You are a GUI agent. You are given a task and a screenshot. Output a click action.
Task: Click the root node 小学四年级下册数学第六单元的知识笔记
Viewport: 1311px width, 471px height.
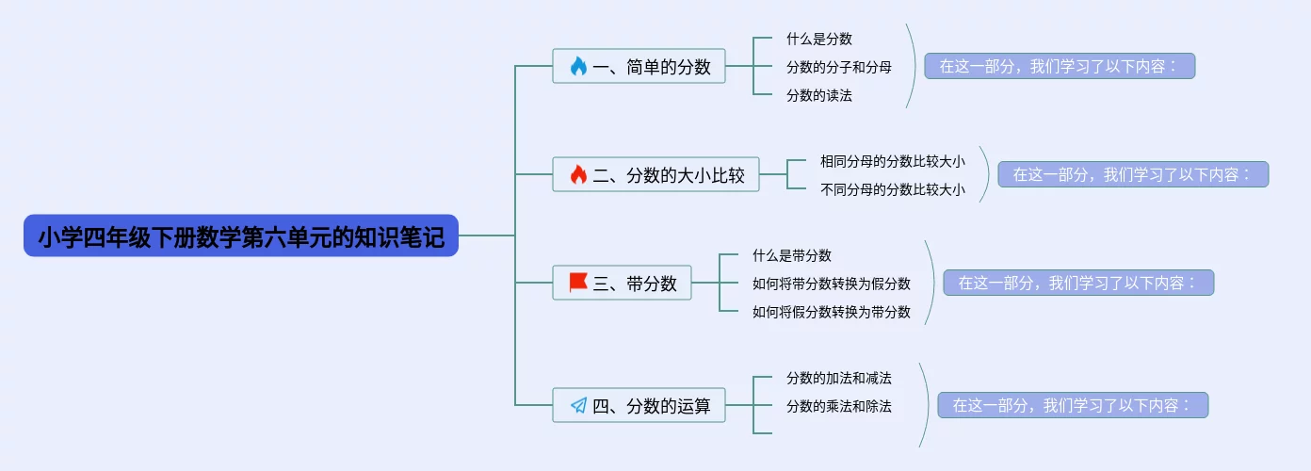[x=240, y=236]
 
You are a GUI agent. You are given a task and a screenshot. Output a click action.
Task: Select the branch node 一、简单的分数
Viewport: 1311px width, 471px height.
[x=639, y=66]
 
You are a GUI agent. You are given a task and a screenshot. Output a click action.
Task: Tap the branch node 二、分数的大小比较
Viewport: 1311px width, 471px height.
[x=655, y=174]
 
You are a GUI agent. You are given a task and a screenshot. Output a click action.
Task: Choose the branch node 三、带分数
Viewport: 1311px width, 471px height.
[x=622, y=283]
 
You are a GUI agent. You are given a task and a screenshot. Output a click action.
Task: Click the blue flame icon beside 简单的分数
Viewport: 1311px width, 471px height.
[x=578, y=66]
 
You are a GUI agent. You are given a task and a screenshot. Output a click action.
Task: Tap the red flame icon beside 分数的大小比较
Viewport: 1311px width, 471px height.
[x=578, y=174]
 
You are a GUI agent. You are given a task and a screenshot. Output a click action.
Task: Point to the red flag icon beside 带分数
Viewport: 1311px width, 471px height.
[x=578, y=283]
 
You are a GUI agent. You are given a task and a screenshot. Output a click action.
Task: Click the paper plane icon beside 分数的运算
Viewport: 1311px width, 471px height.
[x=578, y=406]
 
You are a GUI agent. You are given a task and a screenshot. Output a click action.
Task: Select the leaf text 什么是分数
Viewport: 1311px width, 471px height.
[x=819, y=39]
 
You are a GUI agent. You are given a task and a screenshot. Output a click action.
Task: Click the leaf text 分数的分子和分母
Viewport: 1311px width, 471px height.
[x=838, y=67]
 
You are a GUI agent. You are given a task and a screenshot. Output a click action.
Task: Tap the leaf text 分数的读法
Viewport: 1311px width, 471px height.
[x=819, y=95]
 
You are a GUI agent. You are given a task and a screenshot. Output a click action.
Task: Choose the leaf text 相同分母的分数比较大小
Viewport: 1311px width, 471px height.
[x=892, y=161]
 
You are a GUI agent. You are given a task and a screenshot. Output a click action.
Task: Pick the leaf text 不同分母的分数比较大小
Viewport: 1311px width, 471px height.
[x=892, y=189]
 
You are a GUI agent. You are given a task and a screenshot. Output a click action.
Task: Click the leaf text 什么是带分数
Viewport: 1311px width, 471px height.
[x=791, y=255]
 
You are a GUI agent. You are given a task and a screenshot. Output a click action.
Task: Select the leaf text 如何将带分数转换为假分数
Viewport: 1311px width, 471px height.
[x=831, y=284]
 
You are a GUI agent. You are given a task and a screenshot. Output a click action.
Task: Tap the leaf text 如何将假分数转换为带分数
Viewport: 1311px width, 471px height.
[x=831, y=312]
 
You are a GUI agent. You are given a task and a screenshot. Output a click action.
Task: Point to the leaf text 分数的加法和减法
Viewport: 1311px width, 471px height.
[x=838, y=378]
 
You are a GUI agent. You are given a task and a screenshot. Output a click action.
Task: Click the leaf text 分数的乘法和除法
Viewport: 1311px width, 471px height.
[x=838, y=406]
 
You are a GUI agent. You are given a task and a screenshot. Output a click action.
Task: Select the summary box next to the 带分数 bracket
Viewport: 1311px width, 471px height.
[x=1078, y=283]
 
